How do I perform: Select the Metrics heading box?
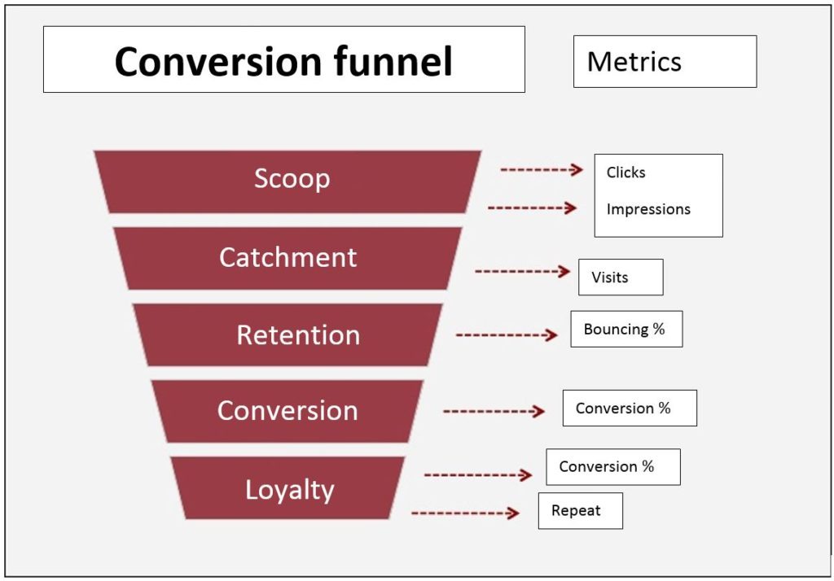[x=665, y=61]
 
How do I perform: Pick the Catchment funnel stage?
[x=288, y=257]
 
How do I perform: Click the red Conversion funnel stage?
[x=288, y=411]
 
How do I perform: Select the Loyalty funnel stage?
[x=289, y=489]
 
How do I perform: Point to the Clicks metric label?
[x=625, y=173]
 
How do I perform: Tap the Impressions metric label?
[x=648, y=209]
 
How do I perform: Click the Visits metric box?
[x=621, y=277]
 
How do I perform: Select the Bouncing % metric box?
[x=625, y=330]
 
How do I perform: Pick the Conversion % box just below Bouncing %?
[x=630, y=408]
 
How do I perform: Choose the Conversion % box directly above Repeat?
[x=612, y=467]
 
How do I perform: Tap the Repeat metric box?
[x=580, y=511]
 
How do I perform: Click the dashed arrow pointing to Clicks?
[x=542, y=169]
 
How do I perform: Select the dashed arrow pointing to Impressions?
[x=532, y=208]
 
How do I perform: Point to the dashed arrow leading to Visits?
[x=522, y=271]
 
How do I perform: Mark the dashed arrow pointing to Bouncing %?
[x=507, y=334]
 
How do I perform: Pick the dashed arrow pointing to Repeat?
[x=465, y=513]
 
